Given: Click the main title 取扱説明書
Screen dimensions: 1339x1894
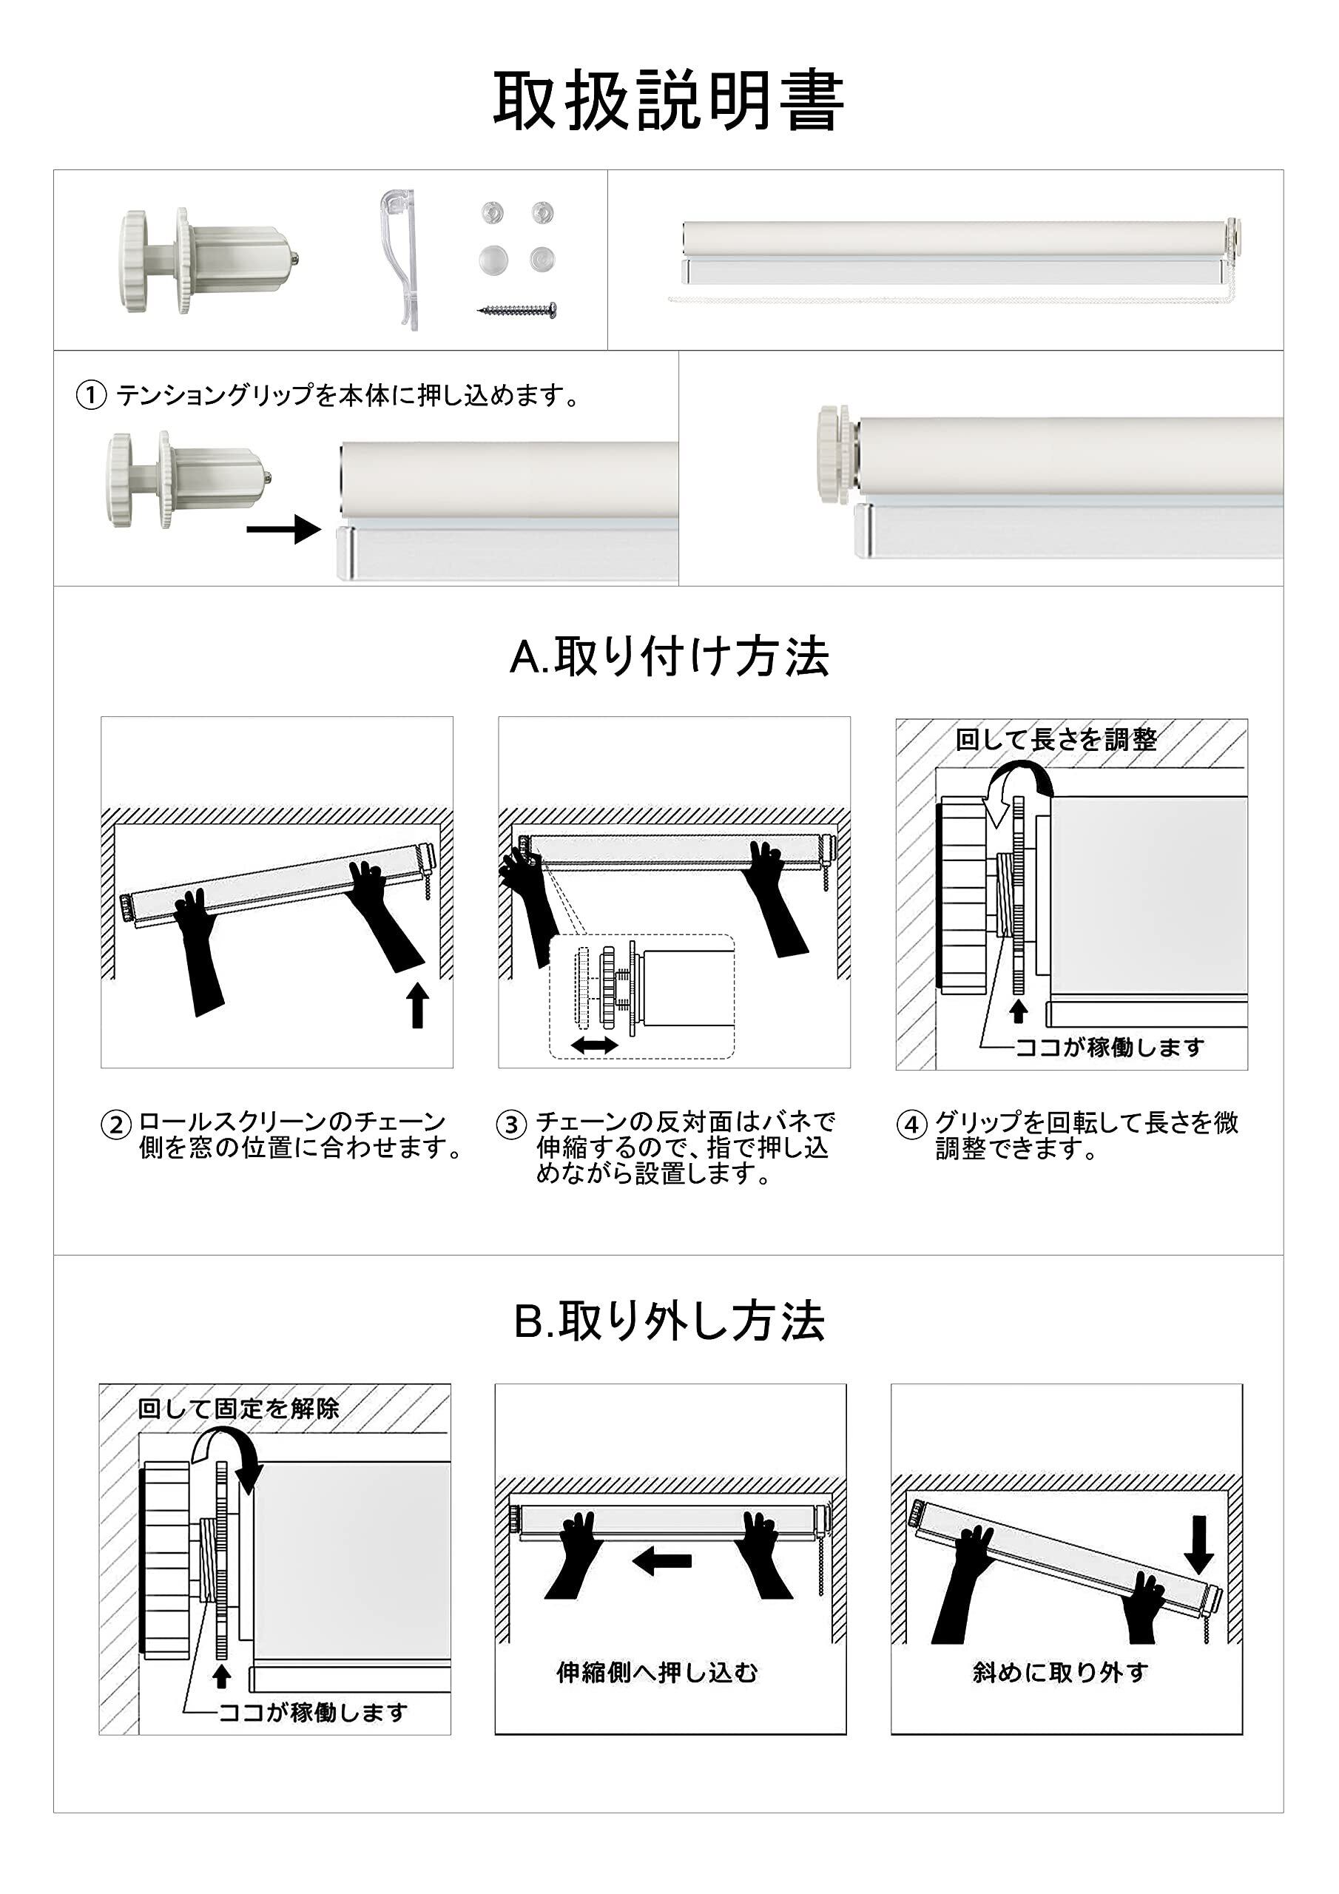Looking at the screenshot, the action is click(669, 101).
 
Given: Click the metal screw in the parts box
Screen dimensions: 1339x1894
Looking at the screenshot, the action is click(522, 310).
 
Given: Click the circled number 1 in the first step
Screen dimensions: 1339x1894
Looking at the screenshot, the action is click(92, 396).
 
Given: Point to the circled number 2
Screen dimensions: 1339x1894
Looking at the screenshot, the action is click(116, 1125).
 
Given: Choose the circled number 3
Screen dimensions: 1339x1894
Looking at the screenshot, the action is click(511, 1125).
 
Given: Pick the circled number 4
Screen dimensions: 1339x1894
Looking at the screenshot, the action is click(911, 1125).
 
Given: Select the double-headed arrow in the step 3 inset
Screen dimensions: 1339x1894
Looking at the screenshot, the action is click(595, 1045).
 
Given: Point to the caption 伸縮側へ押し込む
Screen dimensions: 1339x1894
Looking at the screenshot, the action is click(657, 1673).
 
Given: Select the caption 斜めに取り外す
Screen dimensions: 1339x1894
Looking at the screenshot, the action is click(1060, 1673).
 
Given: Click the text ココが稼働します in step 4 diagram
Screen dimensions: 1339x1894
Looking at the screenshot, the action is click(1110, 1048).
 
